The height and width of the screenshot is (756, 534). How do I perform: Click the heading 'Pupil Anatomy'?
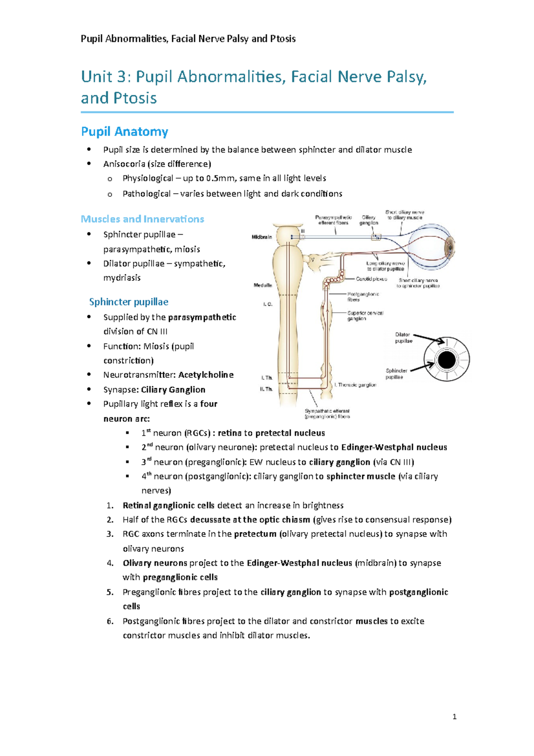pyautogui.click(x=125, y=132)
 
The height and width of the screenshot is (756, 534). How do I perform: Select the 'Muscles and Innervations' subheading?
pyautogui.click(x=142, y=219)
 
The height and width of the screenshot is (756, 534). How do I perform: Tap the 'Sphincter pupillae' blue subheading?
pyautogui.click(x=129, y=302)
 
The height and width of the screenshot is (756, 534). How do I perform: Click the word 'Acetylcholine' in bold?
pyautogui.click(x=206, y=375)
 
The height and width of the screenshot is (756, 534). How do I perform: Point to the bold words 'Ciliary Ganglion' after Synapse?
pyautogui.click(x=173, y=390)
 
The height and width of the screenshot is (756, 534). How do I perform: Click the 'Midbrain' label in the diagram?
pyautogui.click(x=262, y=237)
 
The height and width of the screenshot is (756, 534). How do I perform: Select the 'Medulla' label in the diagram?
pyautogui.click(x=263, y=285)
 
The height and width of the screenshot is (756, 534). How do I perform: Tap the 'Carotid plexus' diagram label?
pyautogui.click(x=372, y=279)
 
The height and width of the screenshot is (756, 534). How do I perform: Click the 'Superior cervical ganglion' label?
pyautogui.click(x=365, y=316)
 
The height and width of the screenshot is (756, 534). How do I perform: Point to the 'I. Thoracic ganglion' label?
pyautogui.click(x=356, y=385)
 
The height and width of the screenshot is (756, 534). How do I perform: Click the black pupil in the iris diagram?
pyautogui.click(x=446, y=360)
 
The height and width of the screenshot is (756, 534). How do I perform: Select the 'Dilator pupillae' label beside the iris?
pyautogui.click(x=404, y=337)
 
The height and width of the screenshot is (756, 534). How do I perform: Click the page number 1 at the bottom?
pyautogui.click(x=454, y=717)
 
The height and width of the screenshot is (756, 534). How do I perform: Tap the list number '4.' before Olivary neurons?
pyautogui.click(x=110, y=563)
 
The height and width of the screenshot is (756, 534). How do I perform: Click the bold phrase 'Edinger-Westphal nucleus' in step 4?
pyautogui.click(x=299, y=563)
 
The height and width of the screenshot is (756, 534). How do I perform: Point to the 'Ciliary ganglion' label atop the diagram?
pyautogui.click(x=369, y=220)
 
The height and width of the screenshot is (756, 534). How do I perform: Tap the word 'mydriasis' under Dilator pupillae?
pyautogui.click(x=122, y=278)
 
